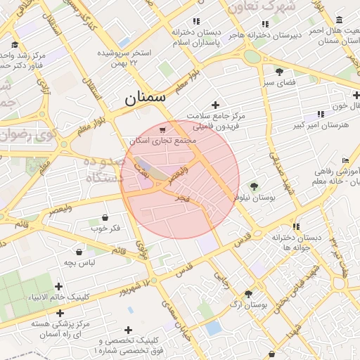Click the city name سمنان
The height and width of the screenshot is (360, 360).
click(x=146, y=98)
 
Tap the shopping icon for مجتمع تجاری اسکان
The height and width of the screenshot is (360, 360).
click(x=163, y=130)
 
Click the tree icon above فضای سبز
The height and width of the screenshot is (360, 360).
click(x=279, y=71)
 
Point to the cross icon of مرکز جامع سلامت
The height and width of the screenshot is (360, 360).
click(x=216, y=105)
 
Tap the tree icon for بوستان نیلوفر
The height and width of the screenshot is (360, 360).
click(x=254, y=186)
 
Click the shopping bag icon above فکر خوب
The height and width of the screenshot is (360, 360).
click(x=105, y=217)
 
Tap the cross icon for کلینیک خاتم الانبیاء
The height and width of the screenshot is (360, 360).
click(x=58, y=285)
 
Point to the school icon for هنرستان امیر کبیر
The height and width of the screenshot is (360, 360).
click(x=321, y=114)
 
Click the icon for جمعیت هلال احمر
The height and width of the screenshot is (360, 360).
click(x=340, y=20)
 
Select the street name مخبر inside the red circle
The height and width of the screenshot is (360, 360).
click(x=183, y=199)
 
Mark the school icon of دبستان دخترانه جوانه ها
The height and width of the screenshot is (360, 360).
click(x=296, y=226)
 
